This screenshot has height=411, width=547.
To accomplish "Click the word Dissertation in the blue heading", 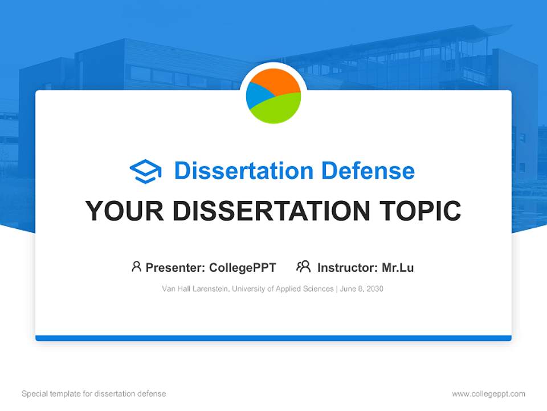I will (x=243, y=171).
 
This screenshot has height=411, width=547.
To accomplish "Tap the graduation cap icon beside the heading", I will (x=145, y=171).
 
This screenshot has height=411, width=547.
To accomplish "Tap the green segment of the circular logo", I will (x=279, y=108).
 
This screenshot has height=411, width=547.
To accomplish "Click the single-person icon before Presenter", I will (x=136, y=267).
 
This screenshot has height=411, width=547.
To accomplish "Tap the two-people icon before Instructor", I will (x=303, y=267).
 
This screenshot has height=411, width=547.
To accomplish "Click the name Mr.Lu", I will (x=398, y=267).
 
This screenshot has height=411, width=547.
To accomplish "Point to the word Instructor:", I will (x=347, y=267).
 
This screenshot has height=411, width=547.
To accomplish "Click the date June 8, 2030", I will (x=362, y=289).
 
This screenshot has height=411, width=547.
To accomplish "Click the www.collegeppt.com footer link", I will (x=488, y=394).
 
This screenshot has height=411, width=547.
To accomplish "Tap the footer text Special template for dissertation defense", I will (x=93, y=394).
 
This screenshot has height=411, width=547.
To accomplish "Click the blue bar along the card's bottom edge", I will (x=273, y=338).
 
